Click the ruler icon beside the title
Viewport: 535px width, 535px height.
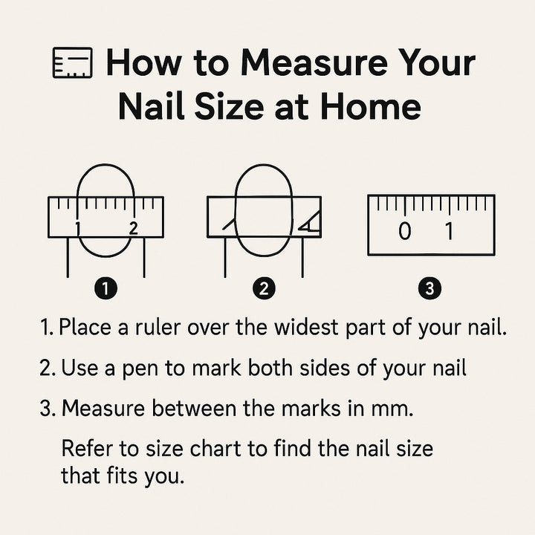click(73, 62)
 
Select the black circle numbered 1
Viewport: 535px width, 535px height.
click(106, 288)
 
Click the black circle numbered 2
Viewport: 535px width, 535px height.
click(264, 288)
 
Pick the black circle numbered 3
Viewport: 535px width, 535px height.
click(429, 288)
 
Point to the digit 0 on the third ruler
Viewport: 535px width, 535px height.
click(405, 231)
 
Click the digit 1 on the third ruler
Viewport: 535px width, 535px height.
click(450, 231)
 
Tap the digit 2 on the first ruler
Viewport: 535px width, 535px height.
click(134, 228)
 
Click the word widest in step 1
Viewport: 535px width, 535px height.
click(308, 327)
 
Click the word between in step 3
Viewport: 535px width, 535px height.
click(194, 408)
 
